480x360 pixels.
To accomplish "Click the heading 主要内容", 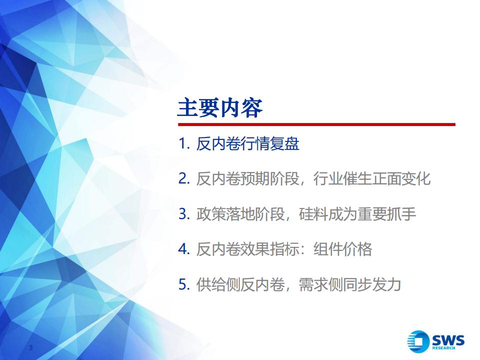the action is (x=220, y=108).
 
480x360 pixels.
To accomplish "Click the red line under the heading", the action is (x=316, y=124).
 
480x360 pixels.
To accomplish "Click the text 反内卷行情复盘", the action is (x=247, y=143).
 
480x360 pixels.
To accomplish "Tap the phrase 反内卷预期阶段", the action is (x=247, y=179).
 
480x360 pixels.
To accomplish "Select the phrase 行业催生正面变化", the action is (x=372, y=179).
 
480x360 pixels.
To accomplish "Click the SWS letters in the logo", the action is (x=448, y=340).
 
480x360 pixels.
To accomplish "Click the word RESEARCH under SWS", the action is (x=443, y=348).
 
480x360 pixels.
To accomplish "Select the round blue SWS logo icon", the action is (x=418, y=341).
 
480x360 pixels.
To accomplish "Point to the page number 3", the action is (x=30, y=347).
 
